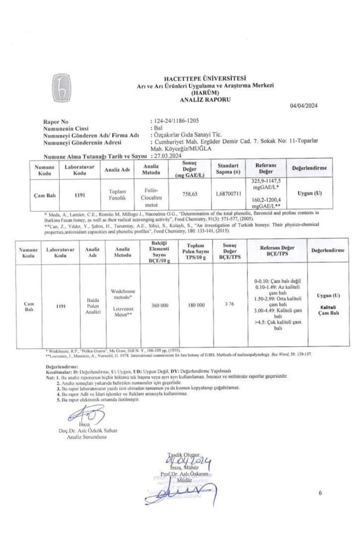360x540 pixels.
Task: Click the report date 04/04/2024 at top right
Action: pyautogui.click(x=304, y=105)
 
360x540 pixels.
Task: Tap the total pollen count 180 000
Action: pyautogui.click(x=196, y=306)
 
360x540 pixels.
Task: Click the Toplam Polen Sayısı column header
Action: pyautogui.click(x=196, y=252)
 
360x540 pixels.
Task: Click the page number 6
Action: pyautogui.click(x=320, y=493)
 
